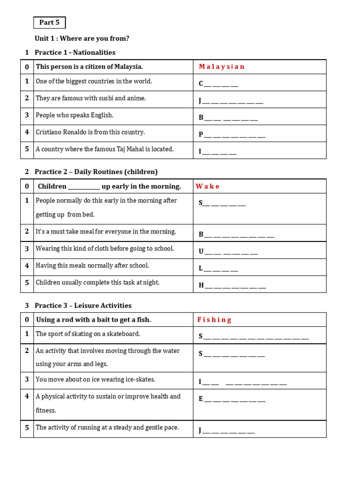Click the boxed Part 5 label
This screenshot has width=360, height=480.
pos(49,22)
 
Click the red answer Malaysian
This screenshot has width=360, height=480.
pos(221,67)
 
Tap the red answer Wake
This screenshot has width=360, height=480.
pos(208,186)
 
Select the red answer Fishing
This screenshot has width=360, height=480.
pos(214,320)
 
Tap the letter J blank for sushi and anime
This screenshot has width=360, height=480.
pos(231,101)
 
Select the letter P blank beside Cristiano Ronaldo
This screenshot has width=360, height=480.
pos(232,135)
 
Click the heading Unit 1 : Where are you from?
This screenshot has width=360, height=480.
pos(82,38)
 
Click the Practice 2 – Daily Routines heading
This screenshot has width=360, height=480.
pos(96,172)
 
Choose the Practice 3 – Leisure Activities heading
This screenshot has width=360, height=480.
pos(83,305)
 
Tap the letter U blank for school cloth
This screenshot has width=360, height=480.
pos(228,251)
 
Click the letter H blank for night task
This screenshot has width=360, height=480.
pos(232,285)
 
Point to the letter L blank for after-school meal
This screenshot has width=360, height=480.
pos(218,268)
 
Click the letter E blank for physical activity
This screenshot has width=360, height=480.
pos(232,399)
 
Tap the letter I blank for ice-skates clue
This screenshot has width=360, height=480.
pos(242,382)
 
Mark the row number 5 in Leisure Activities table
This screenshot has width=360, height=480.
pos(27,427)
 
